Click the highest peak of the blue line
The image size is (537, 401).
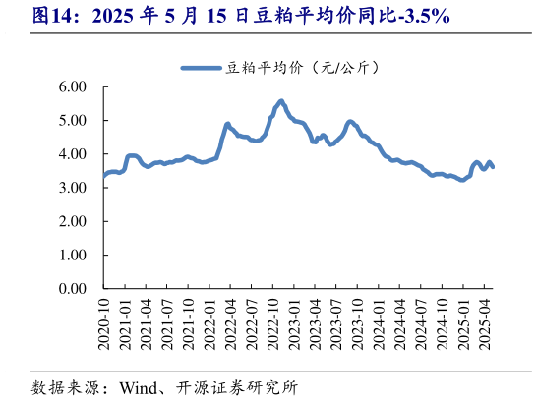pyautogui.click(x=281, y=100)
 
